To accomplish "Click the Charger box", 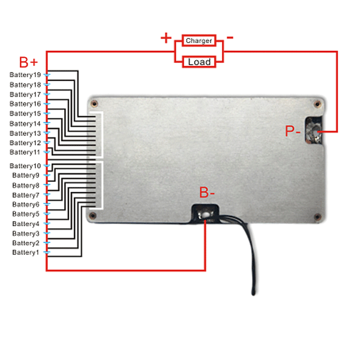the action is click(199, 41).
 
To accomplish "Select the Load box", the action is click(199, 62).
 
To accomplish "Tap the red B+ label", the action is click(28, 62).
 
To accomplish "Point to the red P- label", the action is click(293, 131).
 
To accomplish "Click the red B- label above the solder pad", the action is click(206, 192).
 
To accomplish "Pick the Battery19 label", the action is click(25, 75).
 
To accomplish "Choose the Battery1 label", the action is click(25, 253).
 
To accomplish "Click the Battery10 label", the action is click(25, 166).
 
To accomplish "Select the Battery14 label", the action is click(25, 124).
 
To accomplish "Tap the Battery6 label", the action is click(26, 205).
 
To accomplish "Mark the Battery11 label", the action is click(25, 152).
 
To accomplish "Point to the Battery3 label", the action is click(26, 233).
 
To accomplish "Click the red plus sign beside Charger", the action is click(166, 38).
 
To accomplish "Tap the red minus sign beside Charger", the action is click(230, 37).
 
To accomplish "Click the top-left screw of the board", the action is click(94, 104).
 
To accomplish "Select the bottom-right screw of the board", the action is click(317, 217).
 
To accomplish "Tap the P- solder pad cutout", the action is click(314, 130).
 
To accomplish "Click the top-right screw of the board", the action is click(317, 104).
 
